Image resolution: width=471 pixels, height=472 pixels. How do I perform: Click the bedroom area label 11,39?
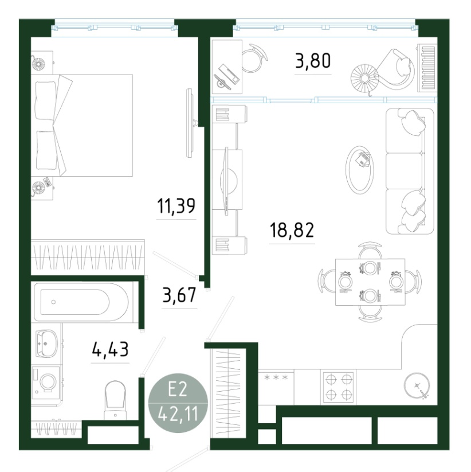(176, 206)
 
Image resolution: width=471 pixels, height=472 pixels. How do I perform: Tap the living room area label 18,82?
(292, 230)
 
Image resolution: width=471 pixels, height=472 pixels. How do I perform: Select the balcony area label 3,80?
(313, 60)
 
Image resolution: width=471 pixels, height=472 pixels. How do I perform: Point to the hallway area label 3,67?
(179, 295)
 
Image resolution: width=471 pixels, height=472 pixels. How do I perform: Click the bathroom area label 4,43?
(110, 349)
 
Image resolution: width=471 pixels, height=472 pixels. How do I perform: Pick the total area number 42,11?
(178, 414)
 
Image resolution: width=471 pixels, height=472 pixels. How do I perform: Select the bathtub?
(82, 302)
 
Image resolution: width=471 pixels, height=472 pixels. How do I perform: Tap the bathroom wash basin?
(46, 344)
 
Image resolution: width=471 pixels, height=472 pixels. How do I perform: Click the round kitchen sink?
(417, 385)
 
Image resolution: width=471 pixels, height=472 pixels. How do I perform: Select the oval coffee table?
(360, 170)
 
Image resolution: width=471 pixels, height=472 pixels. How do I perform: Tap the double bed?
(82, 125)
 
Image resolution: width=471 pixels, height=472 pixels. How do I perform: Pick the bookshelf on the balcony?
(427, 68)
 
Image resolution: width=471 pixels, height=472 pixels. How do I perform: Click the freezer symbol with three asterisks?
(276, 377)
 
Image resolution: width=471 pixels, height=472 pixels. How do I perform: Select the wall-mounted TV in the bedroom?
(190, 123)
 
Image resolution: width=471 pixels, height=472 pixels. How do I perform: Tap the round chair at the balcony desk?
(254, 58)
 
